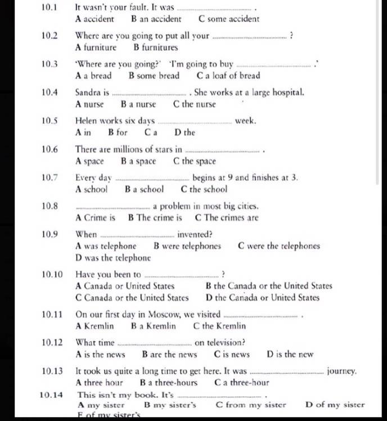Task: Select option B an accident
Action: click(156, 19)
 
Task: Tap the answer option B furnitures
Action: click(156, 47)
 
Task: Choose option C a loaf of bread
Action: click(228, 75)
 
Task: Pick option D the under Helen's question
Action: click(185, 133)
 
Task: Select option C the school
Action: click(204, 189)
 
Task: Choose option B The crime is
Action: click(155, 217)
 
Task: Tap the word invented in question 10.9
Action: click(195, 234)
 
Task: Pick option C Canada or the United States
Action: click(132, 298)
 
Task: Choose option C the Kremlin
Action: click(219, 326)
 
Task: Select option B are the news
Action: click(170, 355)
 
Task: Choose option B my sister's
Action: click(170, 404)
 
